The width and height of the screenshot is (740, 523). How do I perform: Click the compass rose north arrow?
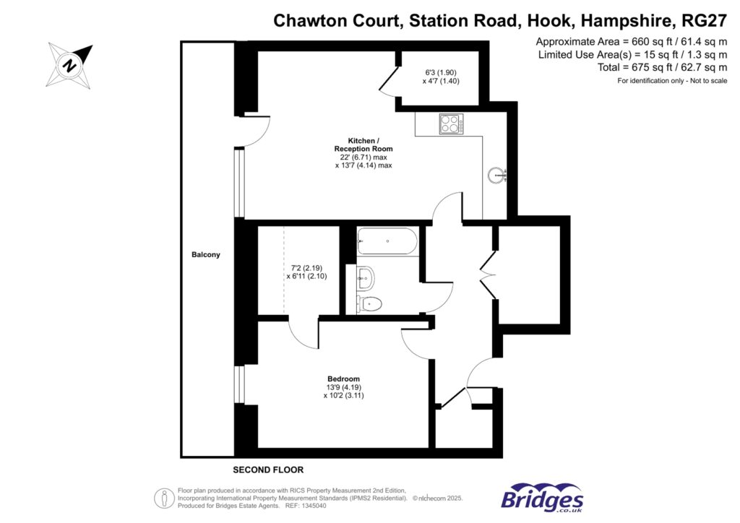(70, 64)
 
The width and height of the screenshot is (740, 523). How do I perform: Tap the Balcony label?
(206, 255)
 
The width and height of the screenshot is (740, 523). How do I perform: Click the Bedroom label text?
(343, 379)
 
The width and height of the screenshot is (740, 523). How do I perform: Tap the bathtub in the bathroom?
(387, 241)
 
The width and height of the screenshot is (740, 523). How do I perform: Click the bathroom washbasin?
(365, 275)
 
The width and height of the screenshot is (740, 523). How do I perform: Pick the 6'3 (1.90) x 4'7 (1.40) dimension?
(442, 77)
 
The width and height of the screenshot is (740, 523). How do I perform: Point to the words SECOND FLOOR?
(269, 469)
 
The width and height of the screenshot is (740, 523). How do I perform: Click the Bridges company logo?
(542, 499)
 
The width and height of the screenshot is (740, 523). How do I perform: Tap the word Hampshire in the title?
(621, 20)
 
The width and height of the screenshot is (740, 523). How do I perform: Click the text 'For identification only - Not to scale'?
(672, 81)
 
